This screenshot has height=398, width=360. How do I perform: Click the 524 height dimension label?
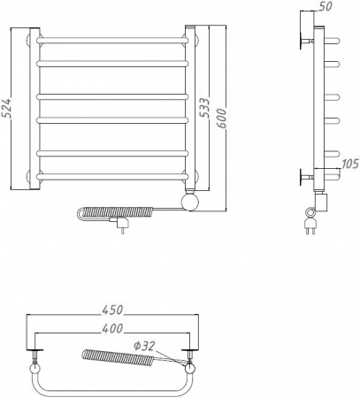[x=6, y=108]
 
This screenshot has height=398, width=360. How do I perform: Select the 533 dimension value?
[x=204, y=108]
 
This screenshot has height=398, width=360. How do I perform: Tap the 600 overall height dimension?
[x=222, y=119]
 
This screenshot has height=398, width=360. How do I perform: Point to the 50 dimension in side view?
[x=326, y=6]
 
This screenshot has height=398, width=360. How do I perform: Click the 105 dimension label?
[x=350, y=164]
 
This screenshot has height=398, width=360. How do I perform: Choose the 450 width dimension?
[x=112, y=310]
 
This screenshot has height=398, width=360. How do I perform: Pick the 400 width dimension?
[x=112, y=328]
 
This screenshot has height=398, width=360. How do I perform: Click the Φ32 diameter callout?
[x=144, y=346]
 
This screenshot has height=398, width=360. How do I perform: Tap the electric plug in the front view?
[x=120, y=223]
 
